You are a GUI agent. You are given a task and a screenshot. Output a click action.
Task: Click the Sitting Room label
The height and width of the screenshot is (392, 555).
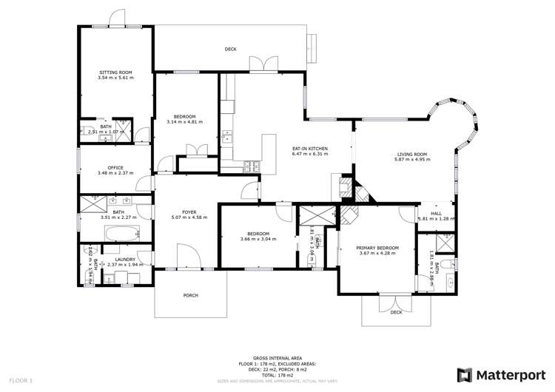coord(115,72)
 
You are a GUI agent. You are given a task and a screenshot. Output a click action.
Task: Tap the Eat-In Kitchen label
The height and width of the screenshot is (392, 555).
coord(310,149)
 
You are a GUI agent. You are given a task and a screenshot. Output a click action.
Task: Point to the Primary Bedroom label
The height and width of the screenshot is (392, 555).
coord(377,248)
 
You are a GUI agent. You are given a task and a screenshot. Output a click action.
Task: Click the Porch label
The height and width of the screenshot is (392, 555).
coord(190,295)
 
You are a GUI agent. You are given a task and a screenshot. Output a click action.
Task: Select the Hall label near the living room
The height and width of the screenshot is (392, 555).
coord(436,213)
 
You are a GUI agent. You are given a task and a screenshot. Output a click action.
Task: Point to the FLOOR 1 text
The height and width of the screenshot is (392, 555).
coord(21,380)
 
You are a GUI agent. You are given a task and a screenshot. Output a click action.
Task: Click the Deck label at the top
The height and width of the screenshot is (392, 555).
coord(231,50)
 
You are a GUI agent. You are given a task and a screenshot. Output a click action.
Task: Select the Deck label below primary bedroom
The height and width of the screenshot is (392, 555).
coord(396,312)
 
